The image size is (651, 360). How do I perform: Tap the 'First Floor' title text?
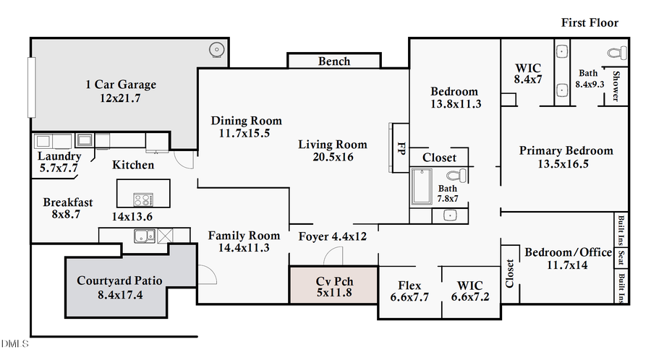point(590,22)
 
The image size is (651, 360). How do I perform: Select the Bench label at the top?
point(334,61)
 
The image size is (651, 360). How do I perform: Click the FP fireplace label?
point(399,147)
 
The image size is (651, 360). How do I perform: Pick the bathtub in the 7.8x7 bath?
point(421,186)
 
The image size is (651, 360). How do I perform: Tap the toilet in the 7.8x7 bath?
point(456,176)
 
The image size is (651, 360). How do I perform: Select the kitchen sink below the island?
point(142,235)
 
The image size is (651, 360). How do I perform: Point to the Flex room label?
point(409,286)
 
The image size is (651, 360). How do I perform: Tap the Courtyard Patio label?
point(119,280)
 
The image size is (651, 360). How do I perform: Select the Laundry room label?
point(59,156)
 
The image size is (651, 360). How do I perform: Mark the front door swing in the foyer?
point(333,257)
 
